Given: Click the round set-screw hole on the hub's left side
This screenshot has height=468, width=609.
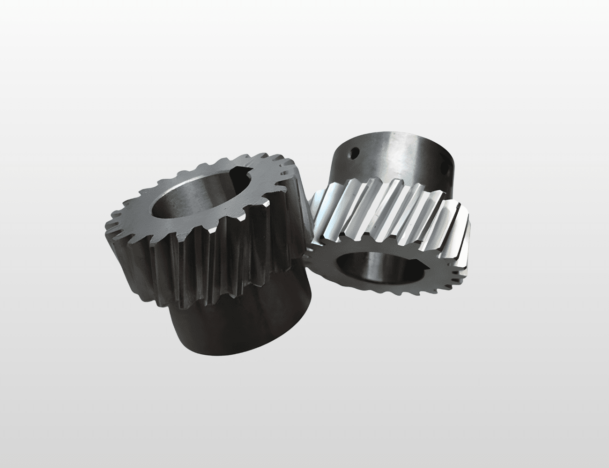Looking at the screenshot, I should coord(356,154).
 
